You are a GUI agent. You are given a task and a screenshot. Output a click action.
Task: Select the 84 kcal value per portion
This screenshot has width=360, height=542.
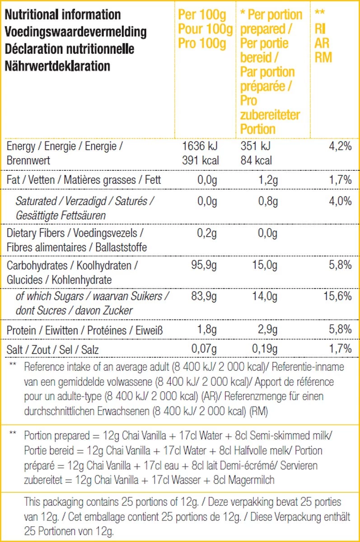(x=256, y=160)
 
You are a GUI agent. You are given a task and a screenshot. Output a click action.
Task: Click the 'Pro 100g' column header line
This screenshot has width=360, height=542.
(x=202, y=44)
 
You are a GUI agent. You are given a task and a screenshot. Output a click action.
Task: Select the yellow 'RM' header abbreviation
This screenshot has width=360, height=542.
(x=323, y=57)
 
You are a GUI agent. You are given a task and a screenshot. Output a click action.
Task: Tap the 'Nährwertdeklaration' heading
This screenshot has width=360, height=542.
(x=58, y=66)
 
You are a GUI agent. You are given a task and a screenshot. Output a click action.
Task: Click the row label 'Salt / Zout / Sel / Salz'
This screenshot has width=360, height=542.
(x=53, y=349)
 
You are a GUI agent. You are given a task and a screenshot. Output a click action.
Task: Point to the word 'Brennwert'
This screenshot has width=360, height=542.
(x=28, y=160)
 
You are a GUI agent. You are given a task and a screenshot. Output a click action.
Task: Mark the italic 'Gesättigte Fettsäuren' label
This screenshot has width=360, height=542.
(x=61, y=215)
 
